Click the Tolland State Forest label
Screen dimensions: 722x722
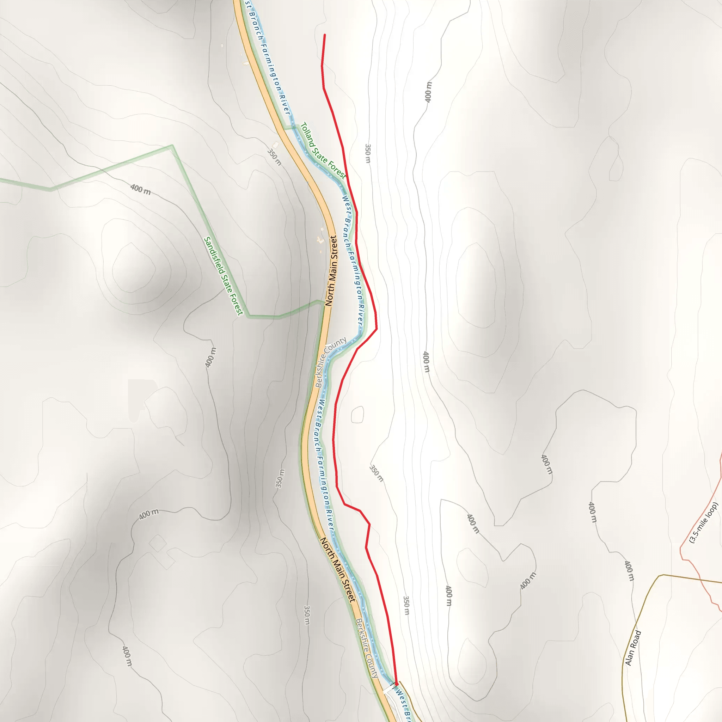[323, 150]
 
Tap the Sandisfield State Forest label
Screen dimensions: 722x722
[223, 276]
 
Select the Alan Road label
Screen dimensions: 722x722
[633, 648]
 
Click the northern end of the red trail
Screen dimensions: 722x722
[325, 35]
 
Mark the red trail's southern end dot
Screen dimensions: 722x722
[396, 684]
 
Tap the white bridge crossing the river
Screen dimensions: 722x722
[389, 689]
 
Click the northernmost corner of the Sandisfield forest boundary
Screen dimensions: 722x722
[172, 145]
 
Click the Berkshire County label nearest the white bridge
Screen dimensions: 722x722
[367, 647]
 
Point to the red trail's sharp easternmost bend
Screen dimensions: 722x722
[377, 329]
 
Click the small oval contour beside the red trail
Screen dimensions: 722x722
[357, 415]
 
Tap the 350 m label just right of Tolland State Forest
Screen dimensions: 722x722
[368, 153]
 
